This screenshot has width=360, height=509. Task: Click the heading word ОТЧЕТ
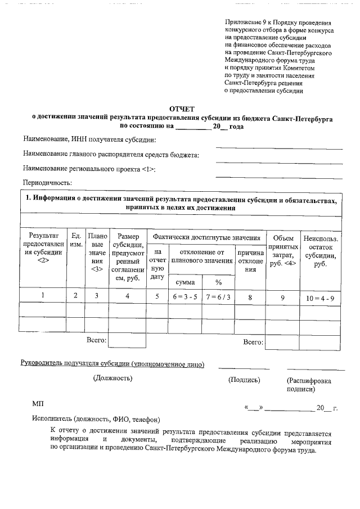click(181, 109)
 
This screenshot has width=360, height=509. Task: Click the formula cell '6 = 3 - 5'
click(185, 297)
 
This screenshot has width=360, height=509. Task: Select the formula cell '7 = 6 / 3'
click(218, 297)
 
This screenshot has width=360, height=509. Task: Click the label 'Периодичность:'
click(47, 183)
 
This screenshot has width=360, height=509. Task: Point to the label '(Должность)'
click(112, 379)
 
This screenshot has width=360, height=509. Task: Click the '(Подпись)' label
click(244, 380)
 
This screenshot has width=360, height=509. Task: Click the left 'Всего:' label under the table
click(96, 340)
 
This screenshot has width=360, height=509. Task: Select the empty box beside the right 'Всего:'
click(283, 341)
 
